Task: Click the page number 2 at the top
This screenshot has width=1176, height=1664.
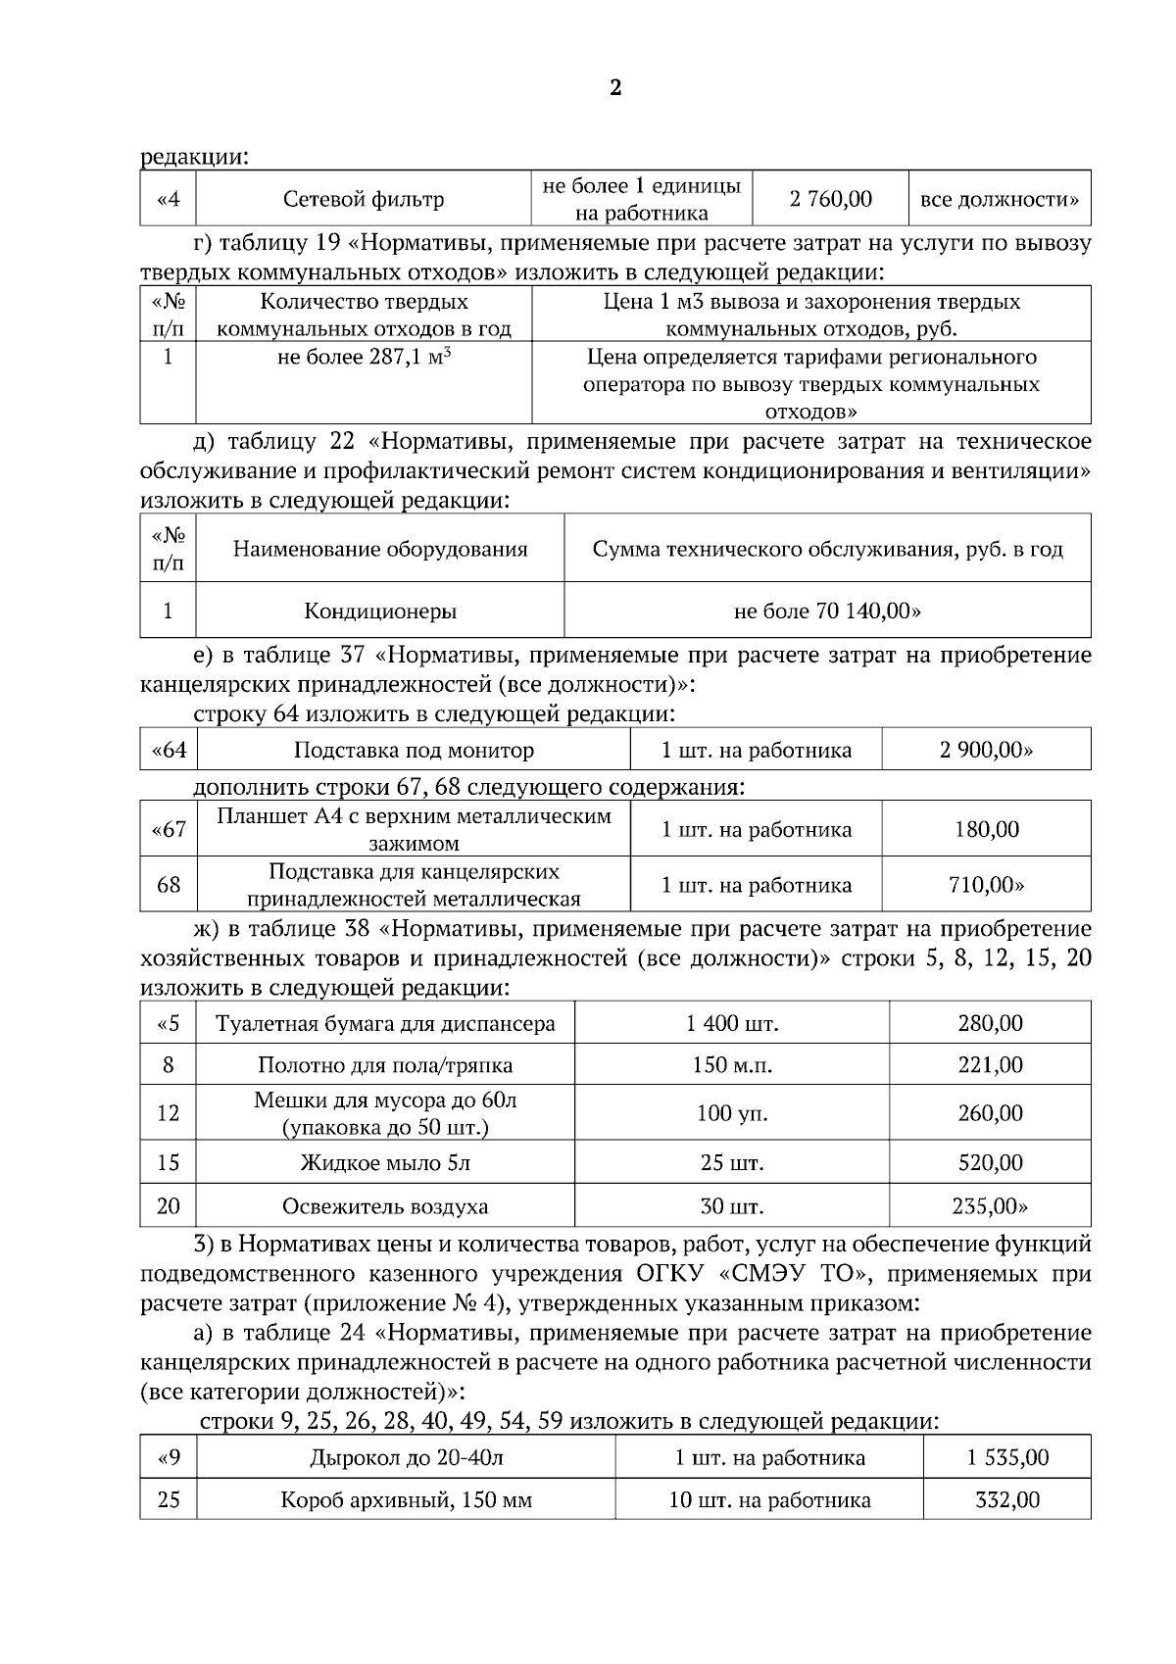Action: (x=615, y=89)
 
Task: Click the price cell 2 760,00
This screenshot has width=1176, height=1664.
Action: (x=830, y=200)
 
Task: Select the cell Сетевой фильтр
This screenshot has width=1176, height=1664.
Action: (x=364, y=200)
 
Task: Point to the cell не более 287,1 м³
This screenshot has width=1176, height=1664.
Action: (x=365, y=358)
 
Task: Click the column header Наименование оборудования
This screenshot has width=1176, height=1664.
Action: (x=380, y=550)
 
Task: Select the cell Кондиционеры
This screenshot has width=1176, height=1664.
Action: (x=380, y=612)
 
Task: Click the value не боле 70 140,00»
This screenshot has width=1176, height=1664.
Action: (x=827, y=612)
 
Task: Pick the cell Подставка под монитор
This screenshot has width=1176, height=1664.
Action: (x=414, y=752)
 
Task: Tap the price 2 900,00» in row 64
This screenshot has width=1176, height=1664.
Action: (x=986, y=752)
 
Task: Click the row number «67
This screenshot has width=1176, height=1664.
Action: (x=169, y=830)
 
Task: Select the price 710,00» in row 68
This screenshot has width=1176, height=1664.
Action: (x=986, y=886)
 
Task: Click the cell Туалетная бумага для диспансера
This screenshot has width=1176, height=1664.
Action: (x=385, y=1025)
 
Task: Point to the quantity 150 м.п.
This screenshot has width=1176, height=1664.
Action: (x=732, y=1065)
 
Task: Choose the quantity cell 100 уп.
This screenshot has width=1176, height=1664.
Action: (x=732, y=1114)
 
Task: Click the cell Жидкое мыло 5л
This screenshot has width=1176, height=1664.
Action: (x=385, y=1164)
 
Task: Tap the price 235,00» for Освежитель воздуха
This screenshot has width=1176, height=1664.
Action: (x=990, y=1206)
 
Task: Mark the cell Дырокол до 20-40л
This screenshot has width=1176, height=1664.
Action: (x=407, y=1458)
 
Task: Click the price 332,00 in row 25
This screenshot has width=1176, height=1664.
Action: (x=1007, y=1500)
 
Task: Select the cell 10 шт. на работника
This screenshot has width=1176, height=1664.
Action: (x=769, y=1500)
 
